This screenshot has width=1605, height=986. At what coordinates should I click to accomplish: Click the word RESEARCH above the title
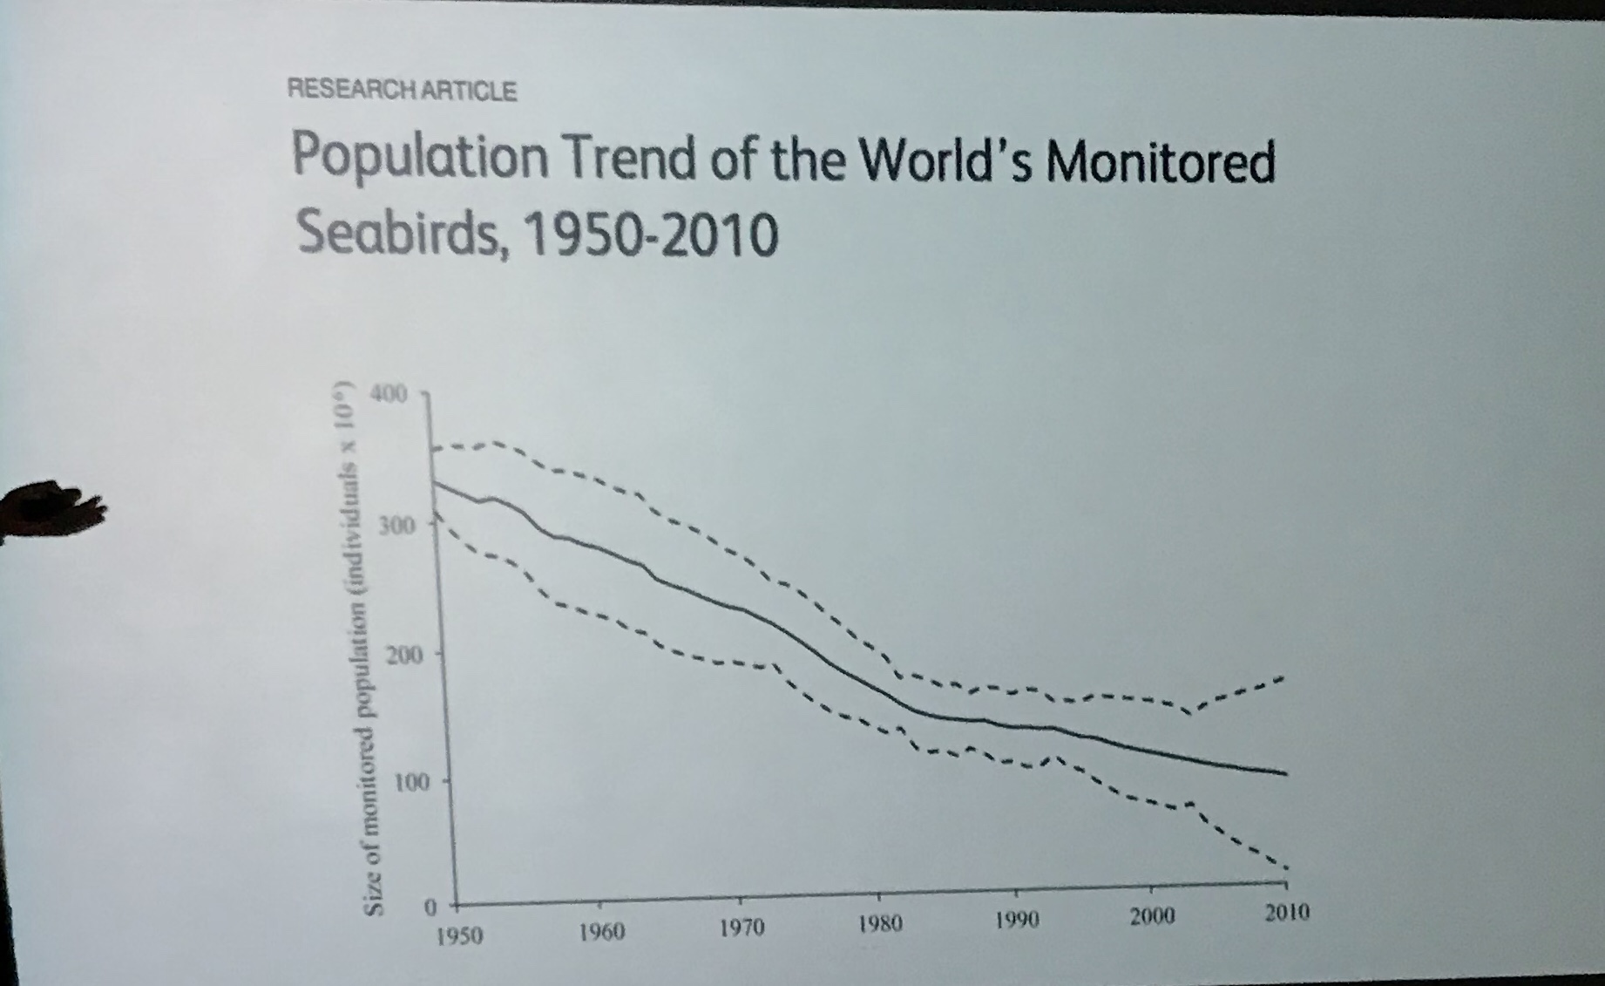point(353,90)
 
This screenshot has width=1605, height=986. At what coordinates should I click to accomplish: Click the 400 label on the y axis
point(389,394)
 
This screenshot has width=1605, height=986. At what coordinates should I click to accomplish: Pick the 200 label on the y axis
point(403,656)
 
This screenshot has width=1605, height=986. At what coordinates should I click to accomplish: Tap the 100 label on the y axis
point(411,783)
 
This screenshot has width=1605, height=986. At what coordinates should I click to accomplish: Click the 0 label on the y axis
point(430,907)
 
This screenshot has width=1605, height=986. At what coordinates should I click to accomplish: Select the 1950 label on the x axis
point(459,936)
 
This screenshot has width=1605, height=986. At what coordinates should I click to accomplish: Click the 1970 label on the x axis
point(742,928)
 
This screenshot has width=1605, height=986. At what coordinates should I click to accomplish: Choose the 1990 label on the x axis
point(1018,920)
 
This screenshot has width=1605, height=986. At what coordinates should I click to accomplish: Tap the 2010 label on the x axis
point(1287,913)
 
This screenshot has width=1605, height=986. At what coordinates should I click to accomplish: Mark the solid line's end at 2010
point(1285,773)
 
